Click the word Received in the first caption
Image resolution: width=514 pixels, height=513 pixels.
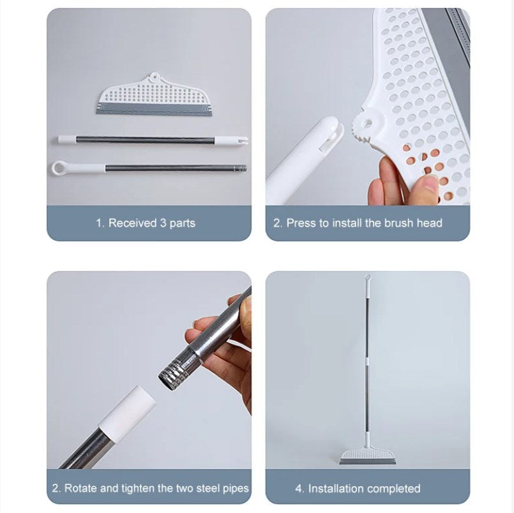coord(132,223)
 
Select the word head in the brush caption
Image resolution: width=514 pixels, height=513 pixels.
coord(429,223)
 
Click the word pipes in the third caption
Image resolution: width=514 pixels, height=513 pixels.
coord(234,488)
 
